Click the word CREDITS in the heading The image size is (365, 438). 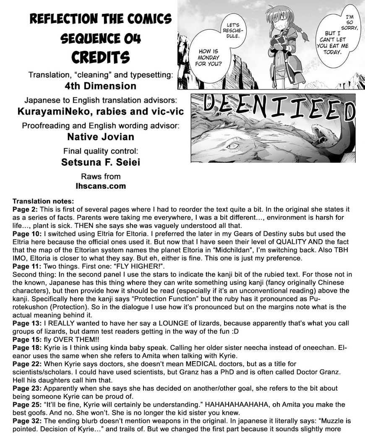pos(101,57)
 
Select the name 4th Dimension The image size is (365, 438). pos(101,86)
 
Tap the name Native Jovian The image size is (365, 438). pos(101,136)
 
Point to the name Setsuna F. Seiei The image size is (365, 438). pos(101,162)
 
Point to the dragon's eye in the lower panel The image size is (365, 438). pos(232,145)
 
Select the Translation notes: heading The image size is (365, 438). pos(43,201)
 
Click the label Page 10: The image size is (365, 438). pos(27,233)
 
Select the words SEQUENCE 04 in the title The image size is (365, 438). pos(101,39)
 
